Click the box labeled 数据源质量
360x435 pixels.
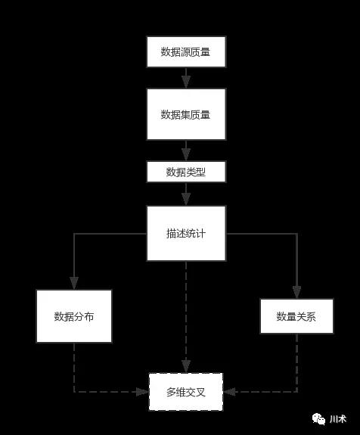(186, 51)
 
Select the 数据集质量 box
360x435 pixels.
(186, 114)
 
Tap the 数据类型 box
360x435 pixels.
(186, 172)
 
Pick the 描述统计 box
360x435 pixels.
(186, 233)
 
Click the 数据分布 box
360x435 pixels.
(74, 316)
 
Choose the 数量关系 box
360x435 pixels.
(296, 316)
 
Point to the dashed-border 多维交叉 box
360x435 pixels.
(186, 392)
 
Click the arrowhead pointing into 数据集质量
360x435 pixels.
(186, 82)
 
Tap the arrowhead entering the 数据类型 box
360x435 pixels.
(186, 155)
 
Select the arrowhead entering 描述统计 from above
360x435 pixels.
(186, 200)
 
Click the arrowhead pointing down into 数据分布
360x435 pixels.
(74, 284)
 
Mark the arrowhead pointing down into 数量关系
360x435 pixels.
(296, 293)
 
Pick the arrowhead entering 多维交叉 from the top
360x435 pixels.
(186, 367)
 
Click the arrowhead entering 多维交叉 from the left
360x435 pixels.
(143, 392)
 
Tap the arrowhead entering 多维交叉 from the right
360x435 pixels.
(229, 392)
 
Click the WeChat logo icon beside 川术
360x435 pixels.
(318, 419)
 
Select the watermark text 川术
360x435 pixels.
(338, 419)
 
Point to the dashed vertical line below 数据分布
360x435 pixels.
(74, 368)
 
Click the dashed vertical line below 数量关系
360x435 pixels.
(296, 362)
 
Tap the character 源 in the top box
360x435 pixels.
(185, 52)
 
